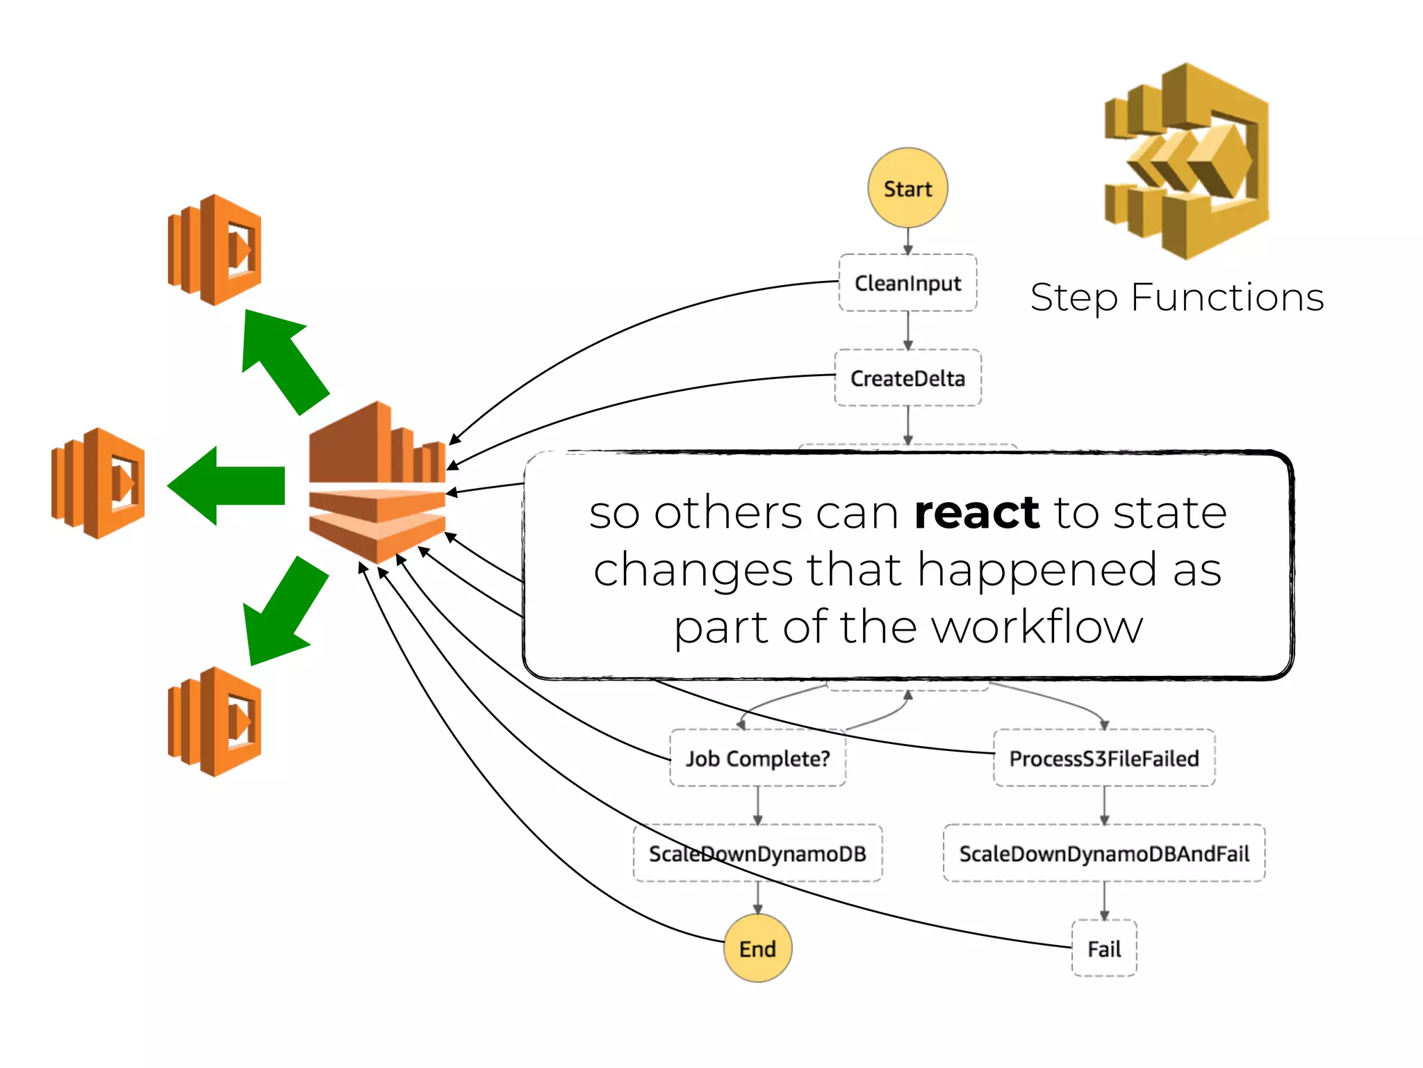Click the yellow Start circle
click(x=907, y=188)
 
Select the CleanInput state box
click(x=907, y=283)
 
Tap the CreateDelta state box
click(x=907, y=378)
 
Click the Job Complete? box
click(x=757, y=758)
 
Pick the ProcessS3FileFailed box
click(x=1103, y=758)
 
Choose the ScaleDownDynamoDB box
click(x=757, y=853)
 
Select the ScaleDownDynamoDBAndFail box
click(x=1103, y=853)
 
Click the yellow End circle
click(x=757, y=948)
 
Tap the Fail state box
click(x=1103, y=948)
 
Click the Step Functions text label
click(x=1177, y=298)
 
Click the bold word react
click(x=976, y=513)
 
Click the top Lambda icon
click(x=215, y=250)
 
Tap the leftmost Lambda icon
click(x=98, y=483)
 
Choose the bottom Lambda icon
click(x=215, y=722)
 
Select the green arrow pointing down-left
click(x=283, y=612)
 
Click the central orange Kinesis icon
click(x=377, y=483)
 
